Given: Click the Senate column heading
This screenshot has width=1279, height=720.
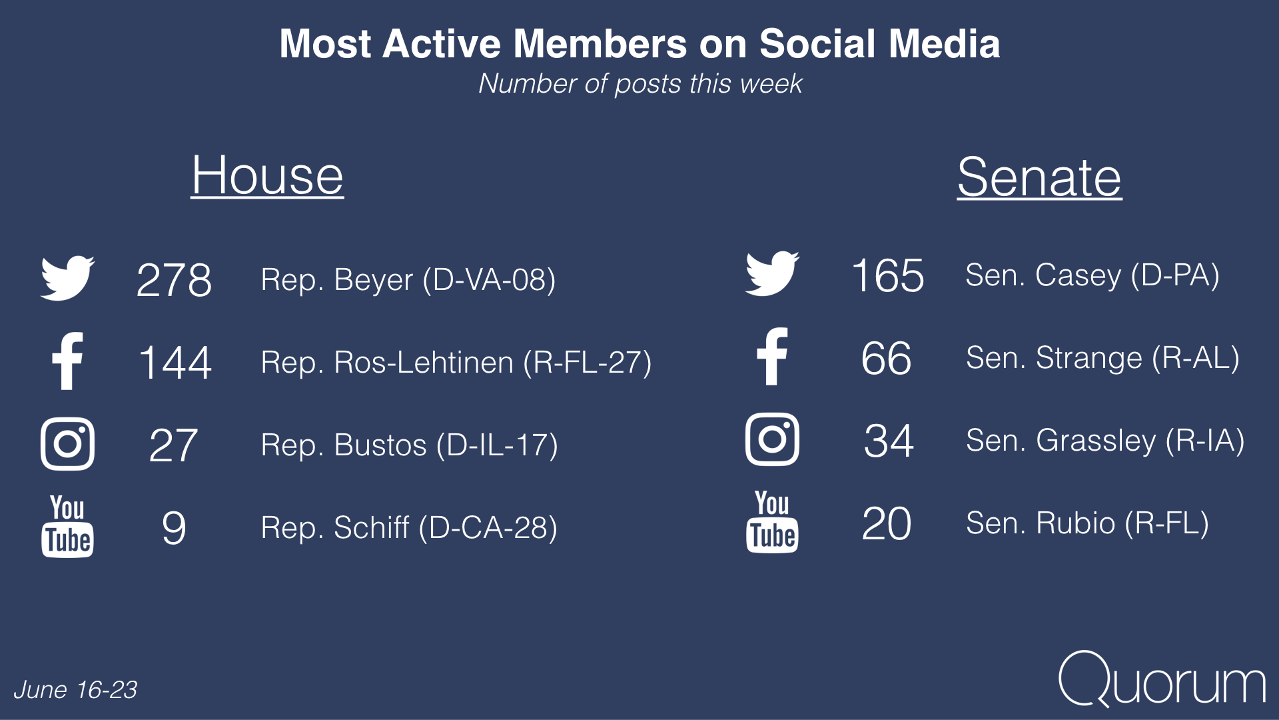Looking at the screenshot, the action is [x=1039, y=177].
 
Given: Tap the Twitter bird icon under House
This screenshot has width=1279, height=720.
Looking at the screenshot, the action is [x=67, y=277].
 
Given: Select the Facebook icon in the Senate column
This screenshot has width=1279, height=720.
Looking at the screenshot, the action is [x=773, y=357].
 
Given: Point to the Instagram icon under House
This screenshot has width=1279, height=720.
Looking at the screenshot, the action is [x=67, y=444].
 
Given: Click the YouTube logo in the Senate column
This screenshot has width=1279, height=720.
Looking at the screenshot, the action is [x=772, y=521].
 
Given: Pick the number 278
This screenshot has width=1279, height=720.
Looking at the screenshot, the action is [x=174, y=280].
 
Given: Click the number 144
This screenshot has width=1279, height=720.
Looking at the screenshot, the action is [x=175, y=363].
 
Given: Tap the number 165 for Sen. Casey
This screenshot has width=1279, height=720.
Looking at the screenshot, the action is [x=888, y=275].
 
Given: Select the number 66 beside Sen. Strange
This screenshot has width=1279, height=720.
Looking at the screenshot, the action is [x=886, y=359].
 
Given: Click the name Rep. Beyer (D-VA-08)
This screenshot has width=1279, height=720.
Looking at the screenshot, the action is [x=408, y=280].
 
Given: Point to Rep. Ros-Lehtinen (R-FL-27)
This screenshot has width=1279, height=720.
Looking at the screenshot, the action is [x=456, y=363].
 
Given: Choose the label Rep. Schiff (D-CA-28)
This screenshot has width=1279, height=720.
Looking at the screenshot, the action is [x=409, y=527].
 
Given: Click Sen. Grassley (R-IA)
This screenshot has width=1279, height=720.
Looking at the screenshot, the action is [x=1105, y=441].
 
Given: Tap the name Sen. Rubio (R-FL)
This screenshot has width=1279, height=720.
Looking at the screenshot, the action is [x=1087, y=523].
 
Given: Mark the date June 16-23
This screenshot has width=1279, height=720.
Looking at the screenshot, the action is [x=75, y=690].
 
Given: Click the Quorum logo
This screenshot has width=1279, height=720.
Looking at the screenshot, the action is [x=1162, y=678].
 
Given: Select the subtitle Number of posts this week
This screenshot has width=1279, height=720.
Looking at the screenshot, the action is [x=640, y=84].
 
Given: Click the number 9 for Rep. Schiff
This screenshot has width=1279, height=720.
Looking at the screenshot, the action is [x=174, y=528].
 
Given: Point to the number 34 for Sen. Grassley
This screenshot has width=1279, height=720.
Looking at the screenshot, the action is [x=889, y=441].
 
